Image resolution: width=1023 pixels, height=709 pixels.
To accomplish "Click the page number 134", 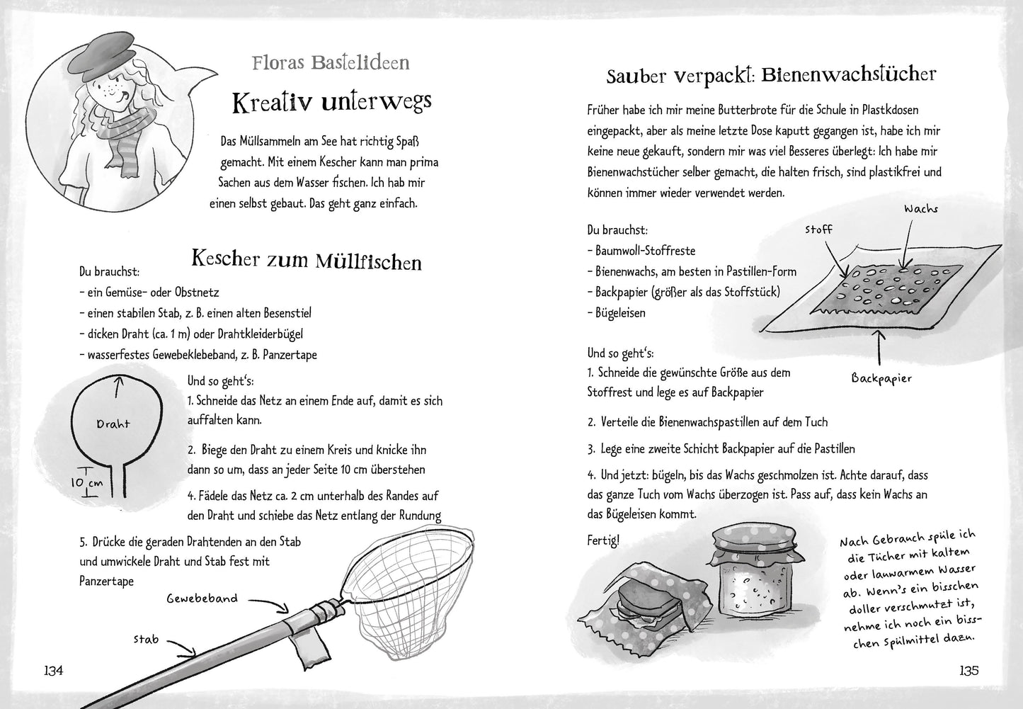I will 54,671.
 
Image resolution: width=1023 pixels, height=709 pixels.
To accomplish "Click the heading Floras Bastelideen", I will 331,62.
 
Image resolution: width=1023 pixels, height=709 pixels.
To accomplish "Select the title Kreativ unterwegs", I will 331,103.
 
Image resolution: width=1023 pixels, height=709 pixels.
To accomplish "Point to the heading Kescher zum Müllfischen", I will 307,260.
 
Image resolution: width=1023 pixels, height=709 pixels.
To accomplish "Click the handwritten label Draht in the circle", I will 113,424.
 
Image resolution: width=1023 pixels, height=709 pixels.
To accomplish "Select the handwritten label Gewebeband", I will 202,599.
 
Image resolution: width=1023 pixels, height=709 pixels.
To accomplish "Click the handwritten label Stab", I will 145,640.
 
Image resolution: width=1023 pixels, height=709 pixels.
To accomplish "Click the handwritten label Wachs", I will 920,209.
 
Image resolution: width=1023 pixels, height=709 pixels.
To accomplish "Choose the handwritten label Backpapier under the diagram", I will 881,378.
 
